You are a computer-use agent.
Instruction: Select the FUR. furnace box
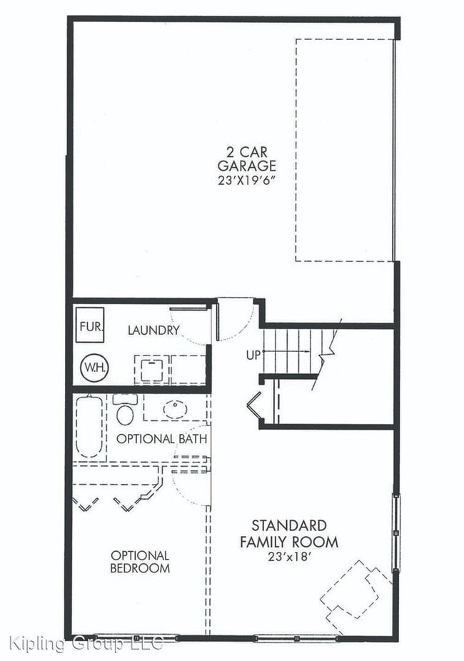pyautogui.click(x=91, y=327)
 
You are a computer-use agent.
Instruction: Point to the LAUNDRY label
pyautogui.click(x=153, y=330)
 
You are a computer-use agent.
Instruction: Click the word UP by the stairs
pyautogui.click(x=253, y=353)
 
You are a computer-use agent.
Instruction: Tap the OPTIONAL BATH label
pyautogui.click(x=161, y=438)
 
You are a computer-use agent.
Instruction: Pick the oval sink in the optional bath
pyautogui.click(x=174, y=409)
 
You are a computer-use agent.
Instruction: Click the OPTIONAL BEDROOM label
pyautogui.click(x=140, y=562)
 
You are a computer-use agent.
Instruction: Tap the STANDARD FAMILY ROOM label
pyautogui.click(x=288, y=534)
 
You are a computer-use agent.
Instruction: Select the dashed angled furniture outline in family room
pyautogui.click(x=355, y=590)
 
